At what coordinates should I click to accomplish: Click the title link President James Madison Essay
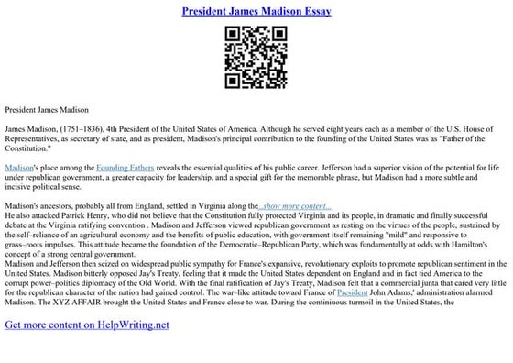point(256,11)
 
